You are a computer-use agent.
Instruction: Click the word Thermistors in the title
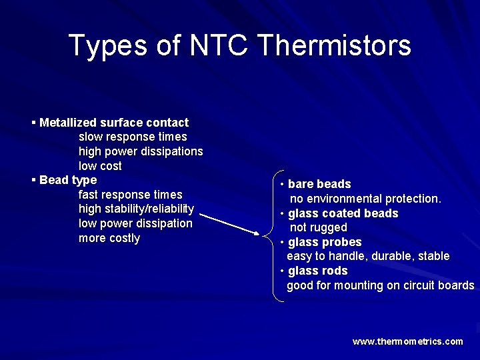[333, 45]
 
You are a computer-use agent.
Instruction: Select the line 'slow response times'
[133, 137]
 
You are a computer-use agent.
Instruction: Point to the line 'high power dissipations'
[141, 151]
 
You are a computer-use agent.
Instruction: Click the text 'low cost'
[100, 165]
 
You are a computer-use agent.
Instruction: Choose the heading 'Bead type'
[68, 180]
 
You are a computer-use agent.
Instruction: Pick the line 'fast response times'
[130, 195]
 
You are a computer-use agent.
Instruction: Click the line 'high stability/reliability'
[136, 209]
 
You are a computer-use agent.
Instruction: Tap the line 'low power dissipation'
[135, 223]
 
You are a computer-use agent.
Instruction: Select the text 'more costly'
[109, 238]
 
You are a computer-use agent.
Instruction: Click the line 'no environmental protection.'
[365, 199]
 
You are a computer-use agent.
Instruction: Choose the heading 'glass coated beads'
[343, 213]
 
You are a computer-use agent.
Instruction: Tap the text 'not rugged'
[318, 227]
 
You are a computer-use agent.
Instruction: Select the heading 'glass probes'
[324, 242]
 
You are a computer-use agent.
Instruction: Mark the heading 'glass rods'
[317, 271]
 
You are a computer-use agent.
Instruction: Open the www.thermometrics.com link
[407, 341]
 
